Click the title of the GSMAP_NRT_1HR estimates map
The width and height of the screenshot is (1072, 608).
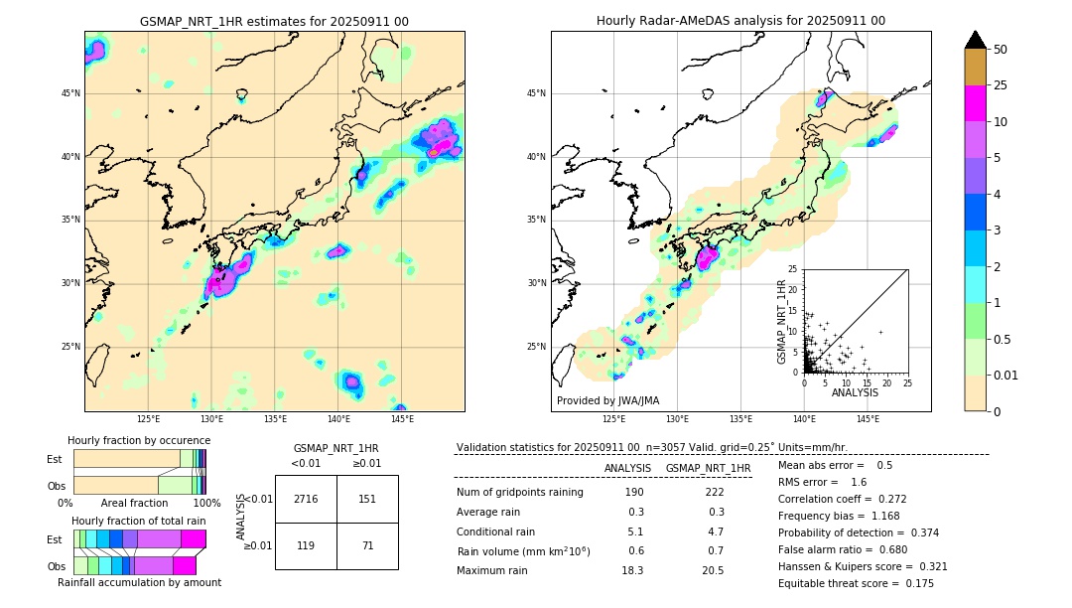tap(274, 21)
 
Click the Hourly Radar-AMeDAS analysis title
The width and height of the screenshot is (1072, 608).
tap(740, 21)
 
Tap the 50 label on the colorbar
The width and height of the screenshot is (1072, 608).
tap(1001, 50)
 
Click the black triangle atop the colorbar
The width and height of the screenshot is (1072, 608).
tap(976, 40)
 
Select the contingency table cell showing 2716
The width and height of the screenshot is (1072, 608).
tap(306, 499)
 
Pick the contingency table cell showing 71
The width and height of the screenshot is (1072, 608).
tap(367, 545)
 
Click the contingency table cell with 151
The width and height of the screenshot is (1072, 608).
tap(367, 499)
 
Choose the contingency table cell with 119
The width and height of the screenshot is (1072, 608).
tap(306, 545)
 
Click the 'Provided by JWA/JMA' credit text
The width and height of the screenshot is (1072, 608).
tap(607, 400)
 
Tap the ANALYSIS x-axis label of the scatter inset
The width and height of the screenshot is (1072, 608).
tap(855, 392)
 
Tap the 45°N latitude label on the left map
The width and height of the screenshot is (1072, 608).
tap(70, 93)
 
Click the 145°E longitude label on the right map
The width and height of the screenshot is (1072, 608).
tap(868, 419)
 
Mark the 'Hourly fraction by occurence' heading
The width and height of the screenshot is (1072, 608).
tap(139, 440)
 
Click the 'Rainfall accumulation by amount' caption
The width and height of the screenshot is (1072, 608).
tap(139, 582)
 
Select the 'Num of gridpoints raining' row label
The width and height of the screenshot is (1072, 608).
tap(519, 492)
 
